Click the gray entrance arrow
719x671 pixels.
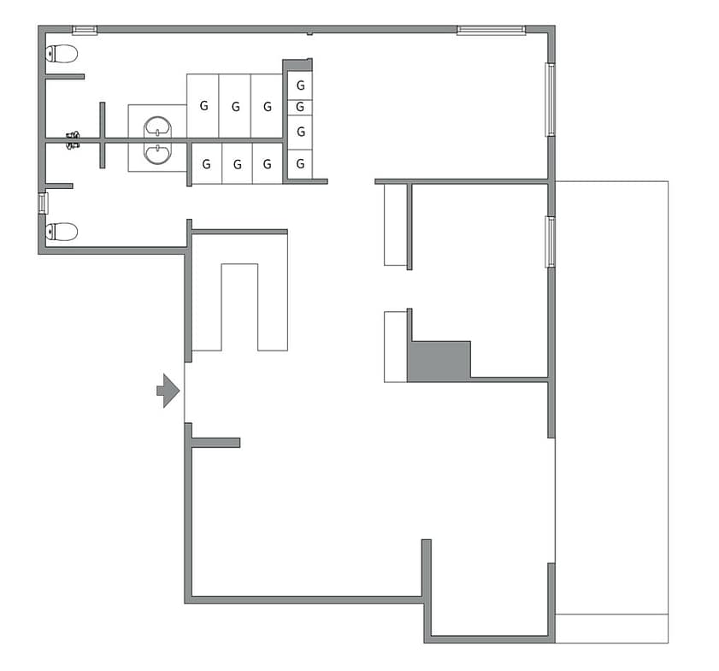(168, 391)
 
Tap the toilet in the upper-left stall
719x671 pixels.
(62, 54)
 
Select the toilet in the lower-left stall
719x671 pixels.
(62, 232)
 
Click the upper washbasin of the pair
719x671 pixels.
(158, 127)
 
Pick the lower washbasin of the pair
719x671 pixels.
(158, 153)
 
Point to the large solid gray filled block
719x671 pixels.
(439, 362)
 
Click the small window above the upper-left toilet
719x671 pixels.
(85, 30)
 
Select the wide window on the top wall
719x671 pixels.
(491, 30)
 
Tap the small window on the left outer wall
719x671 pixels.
(43, 203)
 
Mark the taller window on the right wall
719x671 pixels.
(550, 99)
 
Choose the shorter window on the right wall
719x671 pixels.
(550, 242)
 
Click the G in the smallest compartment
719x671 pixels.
(300, 107)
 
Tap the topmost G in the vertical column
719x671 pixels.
(301, 85)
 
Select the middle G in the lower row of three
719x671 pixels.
(238, 164)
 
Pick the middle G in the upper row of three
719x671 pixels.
(236, 107)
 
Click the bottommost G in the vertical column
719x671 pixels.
(300, 163)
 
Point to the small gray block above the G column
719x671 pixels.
(298, 65)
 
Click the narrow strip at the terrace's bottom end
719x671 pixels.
(611, 628)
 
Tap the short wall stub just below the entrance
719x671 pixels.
(215, 443)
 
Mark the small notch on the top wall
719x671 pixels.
(310, 33)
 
